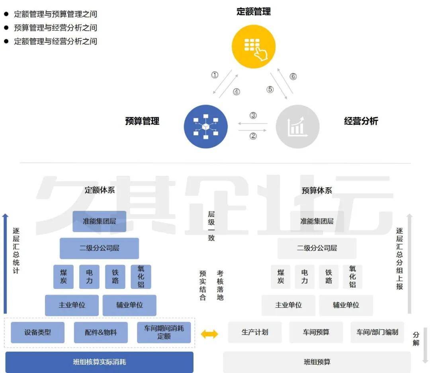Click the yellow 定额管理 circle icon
pos(253,46)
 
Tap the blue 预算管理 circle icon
pos(206,127)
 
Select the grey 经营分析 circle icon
pos(297,127)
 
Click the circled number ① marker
pos(215,75)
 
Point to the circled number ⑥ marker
pos(293,76)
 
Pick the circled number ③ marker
pos(253,115)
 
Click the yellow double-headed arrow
pos(209,334)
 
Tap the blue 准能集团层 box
pos(99,221)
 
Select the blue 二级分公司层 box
pos(99,248)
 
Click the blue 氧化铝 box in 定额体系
pos(141,277)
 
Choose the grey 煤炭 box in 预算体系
pos(281,277)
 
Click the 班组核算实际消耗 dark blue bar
pos(99,362)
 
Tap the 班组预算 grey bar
pos(317,362)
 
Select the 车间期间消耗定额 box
pos(164,332)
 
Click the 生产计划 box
pos(255,332)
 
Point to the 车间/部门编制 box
pos(377,332)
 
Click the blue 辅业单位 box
pos(129,305)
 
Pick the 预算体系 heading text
pos(317,190)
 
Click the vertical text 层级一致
pos(211,226)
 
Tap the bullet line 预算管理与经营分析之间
pos(56,28)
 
